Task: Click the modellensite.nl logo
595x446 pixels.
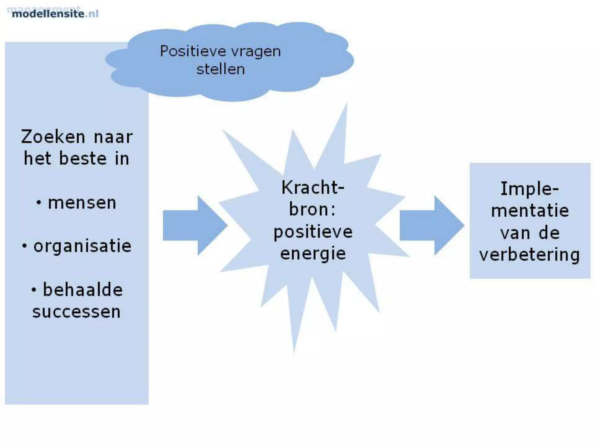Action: pos(55,13)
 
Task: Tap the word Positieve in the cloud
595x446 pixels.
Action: pos(193,52)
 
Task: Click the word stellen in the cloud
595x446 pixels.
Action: pos(221,69)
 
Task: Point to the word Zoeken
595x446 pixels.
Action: pos(53,137)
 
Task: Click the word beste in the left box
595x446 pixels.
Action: pos(83,159)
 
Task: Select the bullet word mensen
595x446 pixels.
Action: pos(82,203)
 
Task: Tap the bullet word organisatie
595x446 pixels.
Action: pos(83,246)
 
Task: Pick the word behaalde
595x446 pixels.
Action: pos(83,290)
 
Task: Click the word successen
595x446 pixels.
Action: pos(76,312)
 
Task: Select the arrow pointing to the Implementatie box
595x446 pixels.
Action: pos(431,226)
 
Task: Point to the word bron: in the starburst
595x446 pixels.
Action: pos(312,209)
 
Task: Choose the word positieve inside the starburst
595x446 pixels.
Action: pos(313,232)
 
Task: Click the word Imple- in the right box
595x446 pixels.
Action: pos(530,189)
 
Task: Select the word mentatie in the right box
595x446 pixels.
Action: pos(530,211)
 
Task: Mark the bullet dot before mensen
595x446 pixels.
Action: pos(39,203)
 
